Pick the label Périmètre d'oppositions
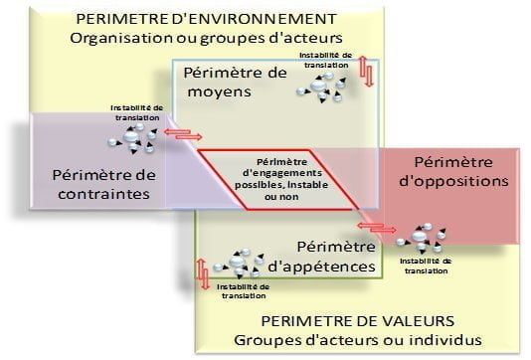click(x=452, y=171)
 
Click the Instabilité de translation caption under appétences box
click(x=244, y=290)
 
